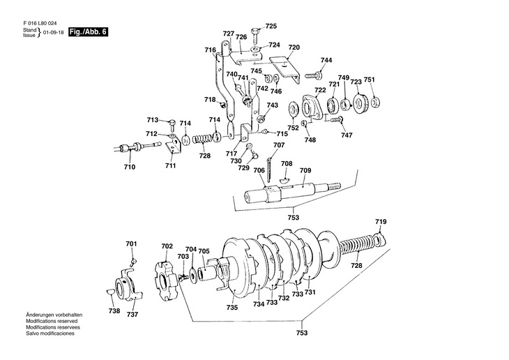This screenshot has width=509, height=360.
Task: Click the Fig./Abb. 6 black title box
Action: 88,32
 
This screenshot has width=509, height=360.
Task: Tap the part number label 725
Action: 271,26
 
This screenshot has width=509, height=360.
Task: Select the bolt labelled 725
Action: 254,36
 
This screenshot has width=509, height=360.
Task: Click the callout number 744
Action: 326,60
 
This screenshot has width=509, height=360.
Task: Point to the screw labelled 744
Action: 313,76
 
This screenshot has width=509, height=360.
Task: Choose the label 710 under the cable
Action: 130,167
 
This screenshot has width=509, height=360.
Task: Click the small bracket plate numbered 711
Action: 173,146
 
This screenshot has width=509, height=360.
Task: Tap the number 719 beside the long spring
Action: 381,222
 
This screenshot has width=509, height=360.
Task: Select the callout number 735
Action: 232,308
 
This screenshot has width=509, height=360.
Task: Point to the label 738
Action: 114,311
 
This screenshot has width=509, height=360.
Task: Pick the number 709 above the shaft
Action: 305,170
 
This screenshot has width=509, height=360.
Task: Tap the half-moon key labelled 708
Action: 284,180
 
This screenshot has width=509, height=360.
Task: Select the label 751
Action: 369,80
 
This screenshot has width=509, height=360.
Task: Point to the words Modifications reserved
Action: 52,321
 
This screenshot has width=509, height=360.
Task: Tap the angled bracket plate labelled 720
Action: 285,69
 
